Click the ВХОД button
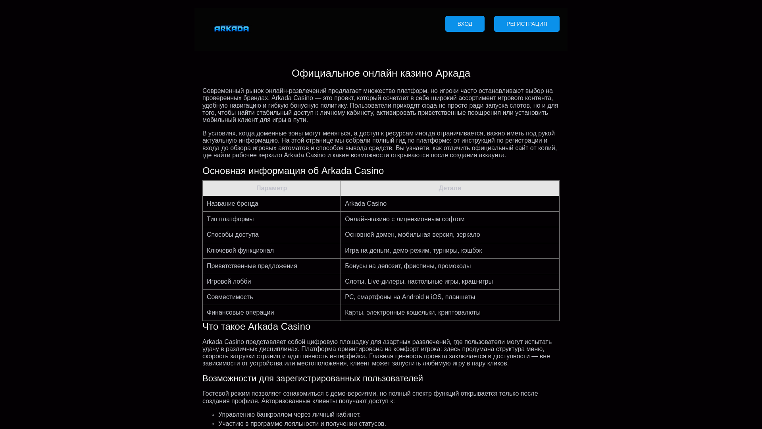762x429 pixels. tap(465, 24)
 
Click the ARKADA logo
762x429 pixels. tap(231, 29)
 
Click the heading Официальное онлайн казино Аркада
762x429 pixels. tap(381, 73)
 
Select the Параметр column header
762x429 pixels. tap(271, 188)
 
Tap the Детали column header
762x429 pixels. tap(450, 188)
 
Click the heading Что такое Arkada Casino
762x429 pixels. tap(256, 327)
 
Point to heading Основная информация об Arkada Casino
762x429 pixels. tap(293, 171)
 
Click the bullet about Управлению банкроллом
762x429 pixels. tap(289, 415)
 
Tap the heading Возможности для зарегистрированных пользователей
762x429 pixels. tap(313, 379)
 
